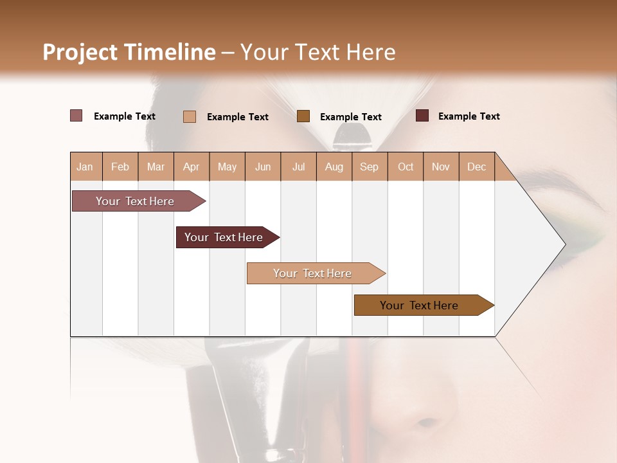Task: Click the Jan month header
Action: click(85, 167)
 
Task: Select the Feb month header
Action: click(120, 167)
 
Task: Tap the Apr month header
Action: click(192, 167)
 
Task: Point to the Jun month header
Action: click(263, 167)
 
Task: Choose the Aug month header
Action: click(334, 167)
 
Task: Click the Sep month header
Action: click(370, 167)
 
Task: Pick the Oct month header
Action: click(406, 167)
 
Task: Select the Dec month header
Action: click(477, 167)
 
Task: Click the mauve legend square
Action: click(76, 116)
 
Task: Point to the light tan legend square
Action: click(190, 116)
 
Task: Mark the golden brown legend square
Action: click(303, 116)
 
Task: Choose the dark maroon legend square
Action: click(422, 116)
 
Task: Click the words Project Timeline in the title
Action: click(129, 52)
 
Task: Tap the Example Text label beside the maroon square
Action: click(469, 116)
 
